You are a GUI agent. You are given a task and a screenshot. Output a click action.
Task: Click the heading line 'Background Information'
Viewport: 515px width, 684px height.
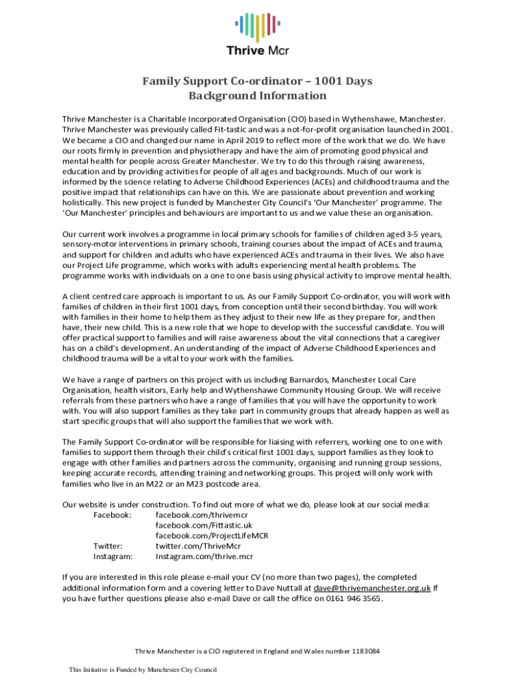[x=257, y=96]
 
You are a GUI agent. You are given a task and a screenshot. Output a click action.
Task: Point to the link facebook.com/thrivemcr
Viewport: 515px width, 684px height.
[x=199, y=515]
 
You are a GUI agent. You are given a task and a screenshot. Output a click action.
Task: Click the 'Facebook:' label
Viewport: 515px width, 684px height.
[x=112, y=515]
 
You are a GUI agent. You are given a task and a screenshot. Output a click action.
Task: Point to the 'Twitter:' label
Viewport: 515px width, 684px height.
[x=107, y=546]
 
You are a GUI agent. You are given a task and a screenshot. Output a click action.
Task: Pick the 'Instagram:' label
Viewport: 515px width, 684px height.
[x=113, y=556]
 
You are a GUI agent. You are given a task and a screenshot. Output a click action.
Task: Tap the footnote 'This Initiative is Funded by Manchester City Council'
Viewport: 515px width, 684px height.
[x=143, y=670]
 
